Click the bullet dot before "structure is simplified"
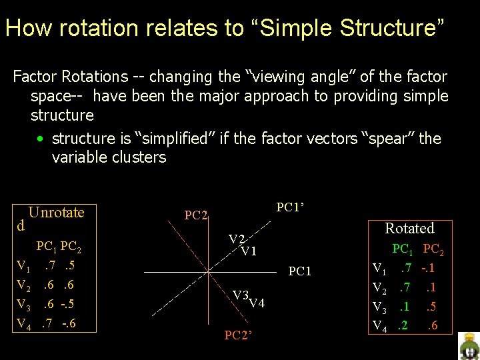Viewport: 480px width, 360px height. (x=41, y=139)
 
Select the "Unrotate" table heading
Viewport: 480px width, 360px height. (x=56, y=213)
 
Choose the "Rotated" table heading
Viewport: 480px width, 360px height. (x=409, y=228)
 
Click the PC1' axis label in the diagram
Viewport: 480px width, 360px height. (x=290, y=207)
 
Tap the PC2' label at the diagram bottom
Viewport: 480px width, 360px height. (x=239, y=335)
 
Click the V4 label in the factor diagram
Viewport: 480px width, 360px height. (x=257, y=303)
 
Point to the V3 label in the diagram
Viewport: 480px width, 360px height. (x=241, y=295)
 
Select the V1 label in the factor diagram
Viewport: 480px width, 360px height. (x=249, y=251)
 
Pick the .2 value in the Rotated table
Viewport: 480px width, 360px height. (x=403, y=326)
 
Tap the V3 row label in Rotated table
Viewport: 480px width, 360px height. (x=379, y=307)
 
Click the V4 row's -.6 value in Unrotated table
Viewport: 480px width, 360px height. (x=68, y=324)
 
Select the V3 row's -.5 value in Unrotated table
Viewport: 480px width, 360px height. (x=67, y=305)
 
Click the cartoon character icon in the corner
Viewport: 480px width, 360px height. (x=469, y=346)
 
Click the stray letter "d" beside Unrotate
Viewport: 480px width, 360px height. (x=21, y=225)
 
